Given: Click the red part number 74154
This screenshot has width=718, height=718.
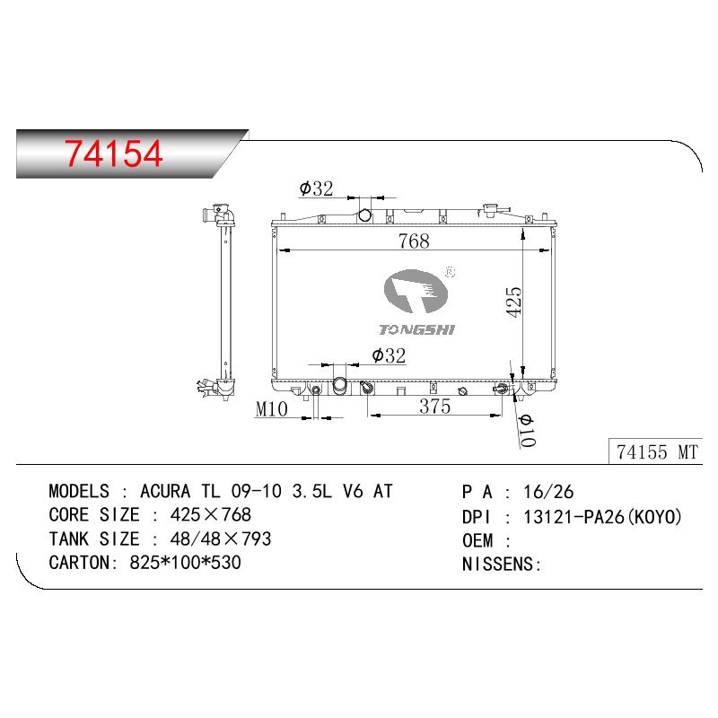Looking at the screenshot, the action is pos(114,153).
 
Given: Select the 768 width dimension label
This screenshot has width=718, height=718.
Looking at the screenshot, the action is pos(414,241).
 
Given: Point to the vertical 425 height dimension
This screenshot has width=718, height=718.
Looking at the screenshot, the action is pos(513,302).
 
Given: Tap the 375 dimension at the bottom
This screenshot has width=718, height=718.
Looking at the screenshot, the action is pos(434,406).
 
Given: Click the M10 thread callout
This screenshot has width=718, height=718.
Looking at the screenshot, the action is pos(272,409).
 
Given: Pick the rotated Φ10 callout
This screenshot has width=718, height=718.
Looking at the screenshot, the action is pos(527,431).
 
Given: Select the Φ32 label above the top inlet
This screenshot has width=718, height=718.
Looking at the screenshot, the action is pos(316,188).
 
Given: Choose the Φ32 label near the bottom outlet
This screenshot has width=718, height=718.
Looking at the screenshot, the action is pos(389,355).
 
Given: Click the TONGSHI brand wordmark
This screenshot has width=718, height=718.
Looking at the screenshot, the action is pos(416,329).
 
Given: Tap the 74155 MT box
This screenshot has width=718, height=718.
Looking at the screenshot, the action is pos(656,451).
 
